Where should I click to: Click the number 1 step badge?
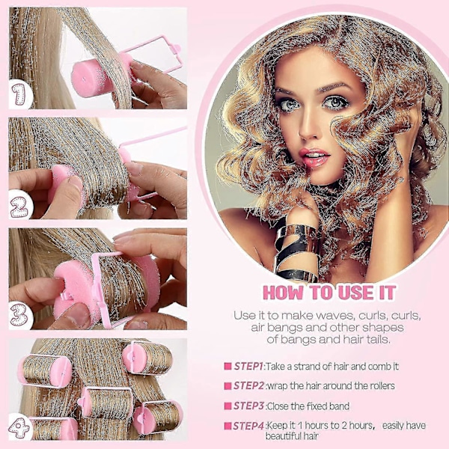19,94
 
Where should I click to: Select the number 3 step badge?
19,315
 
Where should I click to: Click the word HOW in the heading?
283,293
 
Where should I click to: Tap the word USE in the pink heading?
356,293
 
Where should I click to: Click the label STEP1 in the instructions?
248,366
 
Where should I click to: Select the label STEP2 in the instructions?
248,385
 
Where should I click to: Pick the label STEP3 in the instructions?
248,406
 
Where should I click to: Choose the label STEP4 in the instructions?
248,426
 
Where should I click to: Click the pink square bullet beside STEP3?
227,406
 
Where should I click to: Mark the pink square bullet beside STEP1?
227,366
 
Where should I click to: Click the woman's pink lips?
314,157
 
